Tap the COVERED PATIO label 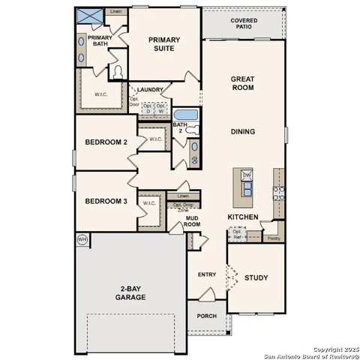click(x=243, y=23)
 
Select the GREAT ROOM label click(x=242, y=82)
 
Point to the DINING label click(x=242, y=131)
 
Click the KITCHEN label click(x=243, y=217)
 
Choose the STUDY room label click(x=256, y=277)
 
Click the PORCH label click(x=206, y=316)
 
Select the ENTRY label click(x=207, y=274)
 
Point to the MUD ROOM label click(x=192, y=221)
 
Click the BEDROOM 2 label click(x=106, y=142)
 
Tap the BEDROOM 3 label click(x=106, y=201)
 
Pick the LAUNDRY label click(x=149, y=90)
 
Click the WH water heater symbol click(x=82, y=239)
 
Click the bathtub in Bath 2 click(x=185, y=115)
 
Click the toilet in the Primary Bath click(x=117, y=72)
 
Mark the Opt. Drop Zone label click(x=183, y=207)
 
